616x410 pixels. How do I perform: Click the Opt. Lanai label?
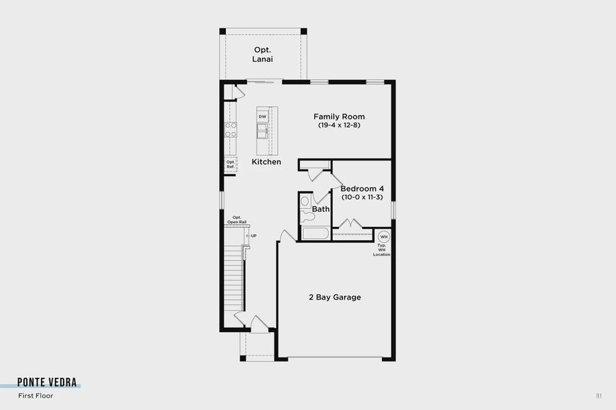point(264,55)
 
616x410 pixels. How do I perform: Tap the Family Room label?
point(339,116)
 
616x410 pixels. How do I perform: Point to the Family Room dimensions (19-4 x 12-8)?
point(339,125)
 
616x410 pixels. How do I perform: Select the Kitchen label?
point(266,162)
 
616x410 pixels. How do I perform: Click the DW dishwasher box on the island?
point(262,117)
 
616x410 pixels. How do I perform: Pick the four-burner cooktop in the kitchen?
point(231,128)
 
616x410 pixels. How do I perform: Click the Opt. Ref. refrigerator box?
point(231,164)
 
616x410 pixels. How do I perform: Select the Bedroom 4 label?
point(362,189)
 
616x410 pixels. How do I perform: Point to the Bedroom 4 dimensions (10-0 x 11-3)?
point(362,197)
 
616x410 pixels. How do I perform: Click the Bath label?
point(321,209)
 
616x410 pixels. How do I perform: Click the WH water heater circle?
point(383,237)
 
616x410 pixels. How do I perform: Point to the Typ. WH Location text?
point(382,250)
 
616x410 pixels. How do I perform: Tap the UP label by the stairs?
point(253,236)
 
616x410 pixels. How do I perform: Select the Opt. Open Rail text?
point(238,220)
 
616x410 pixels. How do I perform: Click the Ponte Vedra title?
point(47,382)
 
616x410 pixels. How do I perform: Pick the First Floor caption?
point(36,396)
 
